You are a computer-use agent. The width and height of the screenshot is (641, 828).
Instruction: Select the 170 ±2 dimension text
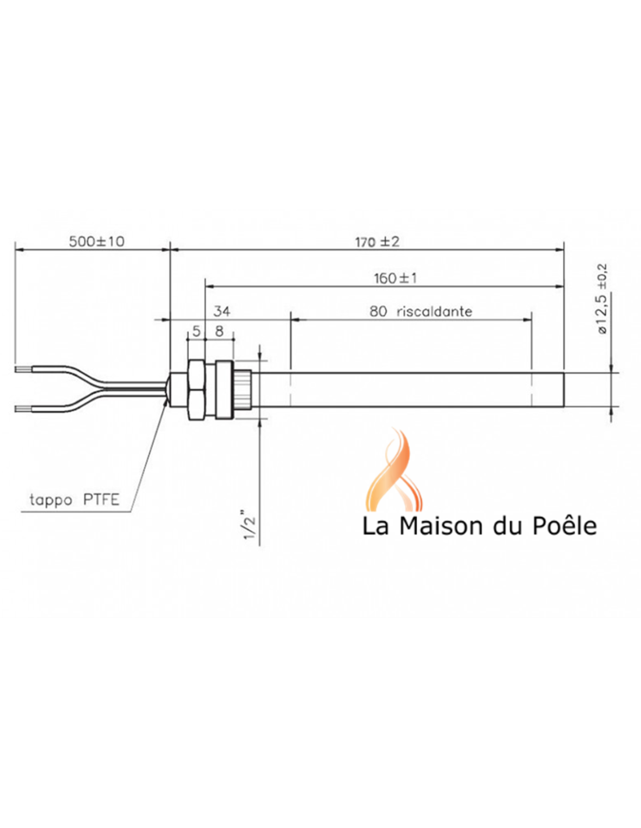[x=378, y=242]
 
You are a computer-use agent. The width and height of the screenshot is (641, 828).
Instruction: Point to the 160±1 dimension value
[x=396, y=278]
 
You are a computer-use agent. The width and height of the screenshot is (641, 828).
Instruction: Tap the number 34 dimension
[x=222, y=312]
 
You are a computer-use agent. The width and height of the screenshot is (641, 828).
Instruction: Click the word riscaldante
[x=434, y=312]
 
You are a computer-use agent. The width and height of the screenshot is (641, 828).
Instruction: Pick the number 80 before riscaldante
[x=378, y=312]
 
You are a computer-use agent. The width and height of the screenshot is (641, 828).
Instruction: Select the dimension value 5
[x=196, y=331]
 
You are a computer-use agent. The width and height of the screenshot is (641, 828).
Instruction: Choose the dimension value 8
[x=219, y=331]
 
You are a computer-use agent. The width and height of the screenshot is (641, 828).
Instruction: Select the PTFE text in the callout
[x=101, y=499]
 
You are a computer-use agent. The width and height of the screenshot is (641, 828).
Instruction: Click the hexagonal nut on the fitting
[x=197, y=389]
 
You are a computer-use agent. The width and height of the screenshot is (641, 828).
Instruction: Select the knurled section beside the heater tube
[x=243, y=389]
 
